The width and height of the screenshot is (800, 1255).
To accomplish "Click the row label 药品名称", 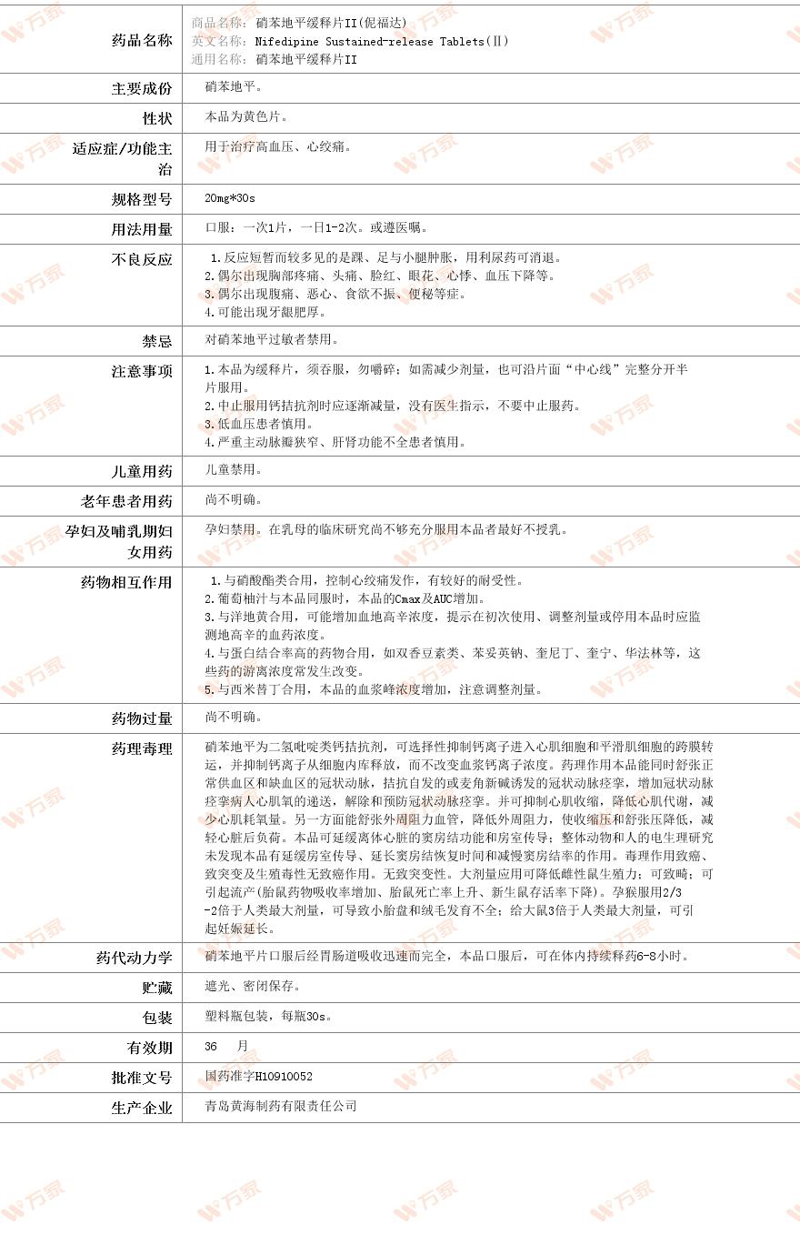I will point(141,41).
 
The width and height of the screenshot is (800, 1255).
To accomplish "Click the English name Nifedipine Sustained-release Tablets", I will point(382,42).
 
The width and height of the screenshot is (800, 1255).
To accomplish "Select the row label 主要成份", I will point(141,89).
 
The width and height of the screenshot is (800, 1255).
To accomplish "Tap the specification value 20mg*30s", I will point(230,198).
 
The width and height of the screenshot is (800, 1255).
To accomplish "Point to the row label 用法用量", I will point(141,229).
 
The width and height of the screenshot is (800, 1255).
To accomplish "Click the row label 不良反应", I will point(141,260).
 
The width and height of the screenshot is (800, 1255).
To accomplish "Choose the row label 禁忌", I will point(156,341).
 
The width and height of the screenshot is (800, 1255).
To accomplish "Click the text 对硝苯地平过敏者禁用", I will point(272,340).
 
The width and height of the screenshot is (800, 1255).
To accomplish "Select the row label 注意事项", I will point(141,371).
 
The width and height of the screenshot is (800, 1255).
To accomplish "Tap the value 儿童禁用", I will point(234,470).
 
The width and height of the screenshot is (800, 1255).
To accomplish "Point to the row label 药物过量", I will point(141,718).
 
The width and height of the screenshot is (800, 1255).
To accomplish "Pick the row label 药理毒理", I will point(141,748).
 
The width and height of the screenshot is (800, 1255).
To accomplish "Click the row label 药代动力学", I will point(134,958).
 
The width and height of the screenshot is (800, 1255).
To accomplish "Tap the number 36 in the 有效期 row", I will point(212,1047).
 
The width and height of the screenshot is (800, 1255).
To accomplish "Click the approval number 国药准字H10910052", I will point(258,1077).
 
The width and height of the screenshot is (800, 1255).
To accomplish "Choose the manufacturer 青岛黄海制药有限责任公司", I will point(281,1107).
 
